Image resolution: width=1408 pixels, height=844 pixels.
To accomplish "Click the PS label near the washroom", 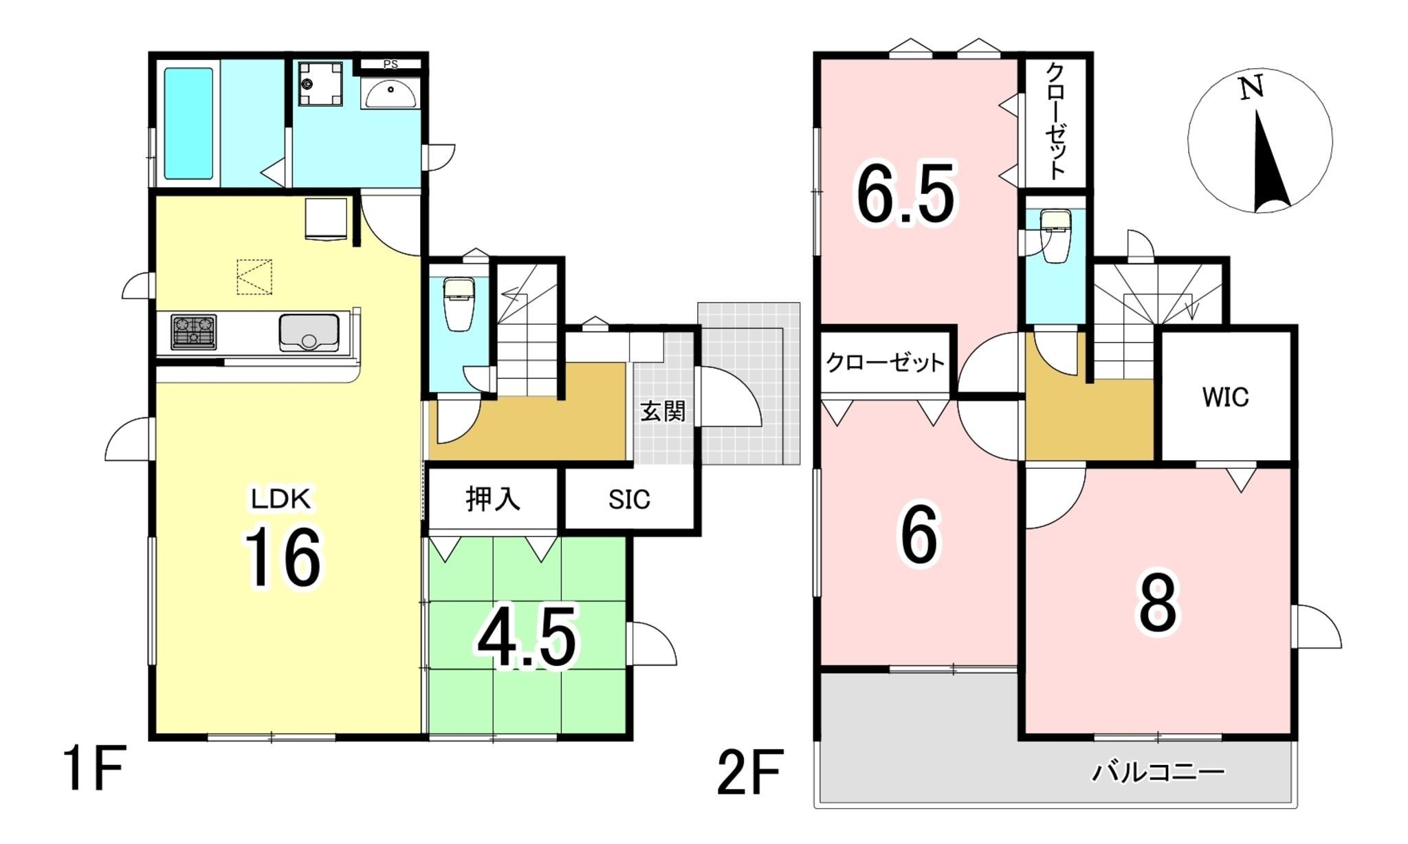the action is pyautogui.click(x=390, y=65).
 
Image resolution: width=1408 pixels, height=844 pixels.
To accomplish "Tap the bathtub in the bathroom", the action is pyautogui.click(x=188, y=123).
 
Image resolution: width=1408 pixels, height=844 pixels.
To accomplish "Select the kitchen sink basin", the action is pyautogui.click(x=309, y=332).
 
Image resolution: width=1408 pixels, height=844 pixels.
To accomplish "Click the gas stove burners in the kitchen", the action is pyautogui.click(x=194, y=332).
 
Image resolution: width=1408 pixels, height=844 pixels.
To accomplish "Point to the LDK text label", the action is pyautogui.click(x=280, y=499).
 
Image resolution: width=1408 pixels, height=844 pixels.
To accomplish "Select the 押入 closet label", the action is pyautogui.click(x=493, y=499).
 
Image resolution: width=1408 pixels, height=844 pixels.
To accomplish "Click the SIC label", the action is pyautogui.click(x=629, y=499).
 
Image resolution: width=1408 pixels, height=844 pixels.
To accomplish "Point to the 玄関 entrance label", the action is pyautogui.click(x=663, y=411).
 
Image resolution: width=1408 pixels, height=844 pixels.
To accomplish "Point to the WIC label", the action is pyautogui.click(x=1226, y=397).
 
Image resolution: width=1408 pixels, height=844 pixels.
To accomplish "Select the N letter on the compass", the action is pyautogui.click(x=1251, y=88).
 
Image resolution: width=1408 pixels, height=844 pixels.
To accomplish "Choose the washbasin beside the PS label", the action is pyautogui.click(x=390, y=93).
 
